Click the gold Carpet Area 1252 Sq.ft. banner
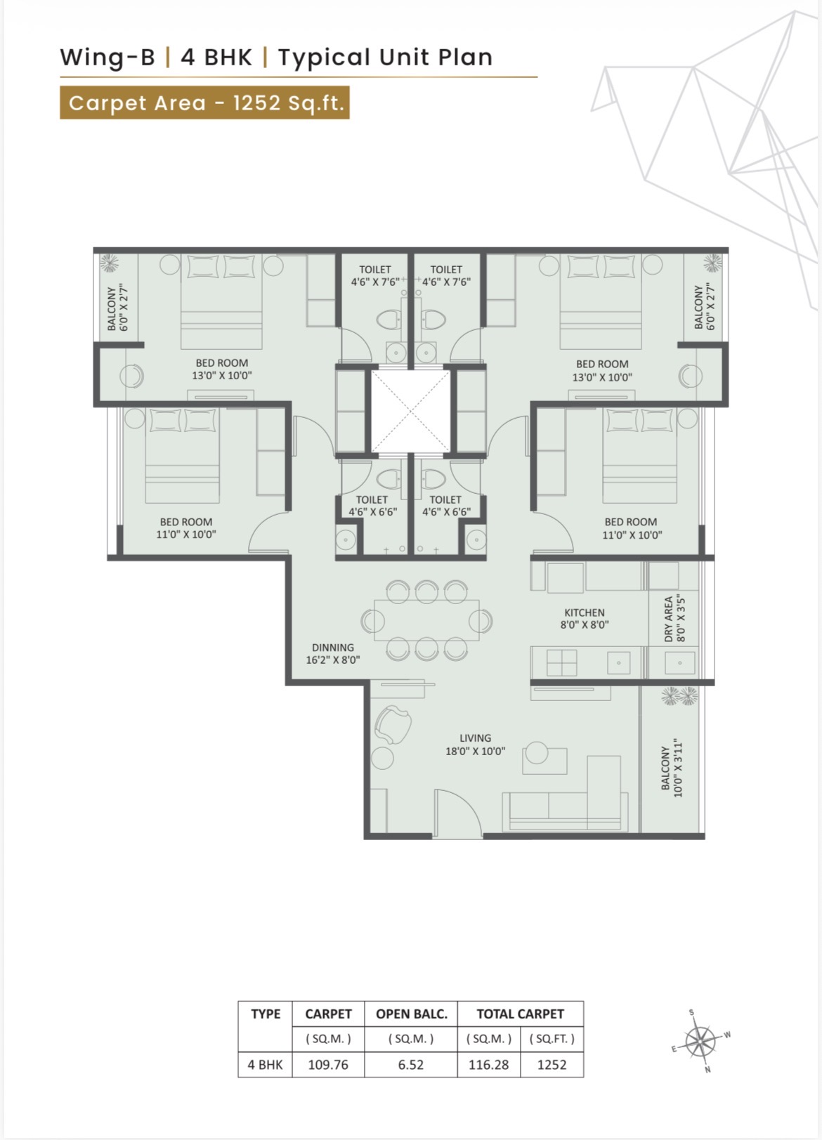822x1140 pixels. tap(204, 103)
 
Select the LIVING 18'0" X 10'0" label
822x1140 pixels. tap(476, 745)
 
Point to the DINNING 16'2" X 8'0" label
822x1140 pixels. tap(333, 653)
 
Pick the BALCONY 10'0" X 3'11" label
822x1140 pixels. tap(672, 768)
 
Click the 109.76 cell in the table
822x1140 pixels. tap(328, 1065)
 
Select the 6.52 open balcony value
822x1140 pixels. tap(411, 1065)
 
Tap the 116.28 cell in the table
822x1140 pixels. tap(488, 1065)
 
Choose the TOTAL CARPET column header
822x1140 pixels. tap(520, 1014)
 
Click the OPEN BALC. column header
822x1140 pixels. tap(411, 1014)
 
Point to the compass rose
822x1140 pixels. tap(701, 1041)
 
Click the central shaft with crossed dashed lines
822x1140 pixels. tap(410, 411)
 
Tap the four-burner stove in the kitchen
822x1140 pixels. tap(562, 663)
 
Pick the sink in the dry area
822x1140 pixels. tap(680, 663)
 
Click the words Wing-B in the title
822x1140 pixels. tap(107, 57)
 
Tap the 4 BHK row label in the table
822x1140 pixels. tap(265, 1065)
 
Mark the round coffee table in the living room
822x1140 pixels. tap(537, 752)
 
